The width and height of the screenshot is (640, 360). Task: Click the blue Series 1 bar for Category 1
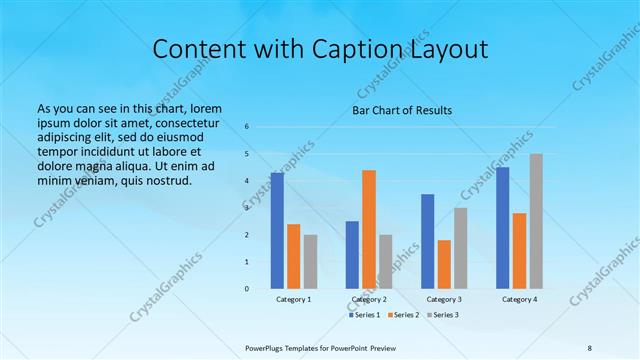pos(277,231)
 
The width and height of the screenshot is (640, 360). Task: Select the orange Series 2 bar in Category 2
pos(369,229)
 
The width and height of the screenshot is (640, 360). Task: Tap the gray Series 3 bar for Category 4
pos(536,221)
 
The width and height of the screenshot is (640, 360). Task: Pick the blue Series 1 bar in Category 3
pos(427,241)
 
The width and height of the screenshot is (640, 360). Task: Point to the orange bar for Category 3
pos(444,264)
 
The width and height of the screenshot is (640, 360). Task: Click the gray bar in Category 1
pos(310,261)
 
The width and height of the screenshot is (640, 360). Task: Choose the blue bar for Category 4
pos(502,228)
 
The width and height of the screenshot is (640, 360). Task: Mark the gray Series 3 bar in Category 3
pos(460,248)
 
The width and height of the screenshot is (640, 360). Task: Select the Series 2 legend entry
pos(404,315)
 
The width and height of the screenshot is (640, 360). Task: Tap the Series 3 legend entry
pos(443,315)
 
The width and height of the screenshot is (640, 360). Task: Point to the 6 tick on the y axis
pos(247,127)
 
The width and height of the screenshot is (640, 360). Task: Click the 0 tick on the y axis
pos(247,289)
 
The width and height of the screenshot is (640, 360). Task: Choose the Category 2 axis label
pos(369,300)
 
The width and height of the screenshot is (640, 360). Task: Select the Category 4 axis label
pos(519,300)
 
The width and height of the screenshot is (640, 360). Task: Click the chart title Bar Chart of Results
pos(401,110)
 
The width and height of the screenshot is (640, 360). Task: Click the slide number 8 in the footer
pos(589,347)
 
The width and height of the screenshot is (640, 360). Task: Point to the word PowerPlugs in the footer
pos(265,347)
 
